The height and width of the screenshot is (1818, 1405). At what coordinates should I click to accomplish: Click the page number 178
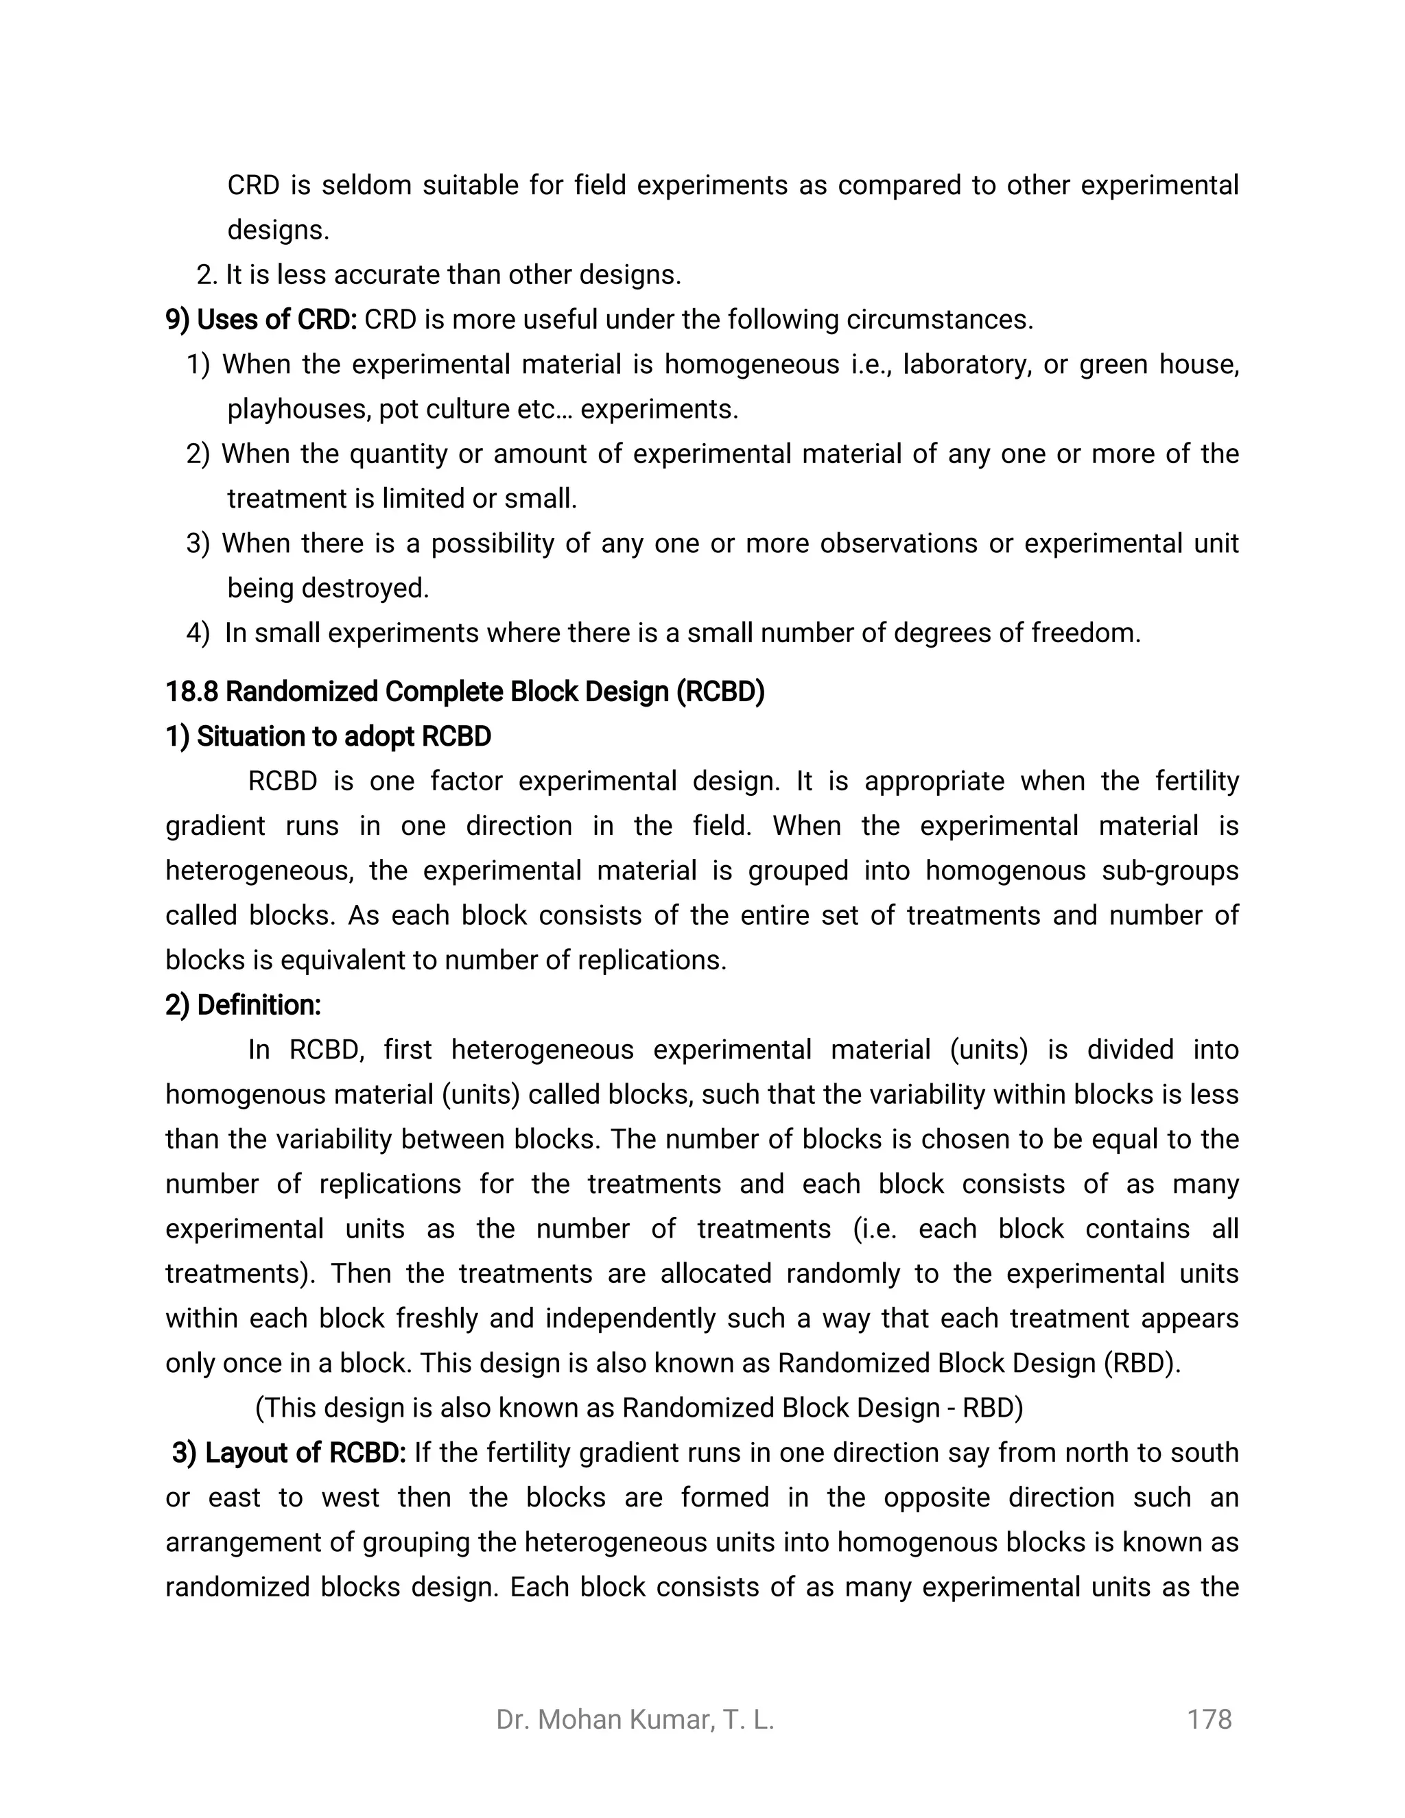click(x=1209, y=1719)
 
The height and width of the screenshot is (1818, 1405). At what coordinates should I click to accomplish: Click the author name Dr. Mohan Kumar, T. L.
click(x=635, y=1719)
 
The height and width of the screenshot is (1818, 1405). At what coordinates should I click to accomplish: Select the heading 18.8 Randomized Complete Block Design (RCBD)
click(x=464, y=691)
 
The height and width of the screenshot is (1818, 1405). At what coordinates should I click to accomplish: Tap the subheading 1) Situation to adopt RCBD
click(x=328, y=736)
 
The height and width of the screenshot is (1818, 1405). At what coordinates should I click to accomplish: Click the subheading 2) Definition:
click(x=243, y=1005)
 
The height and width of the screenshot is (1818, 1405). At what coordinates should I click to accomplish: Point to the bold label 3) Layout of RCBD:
click(x=288, y=1452)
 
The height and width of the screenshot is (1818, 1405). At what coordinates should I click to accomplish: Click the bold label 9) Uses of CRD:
click(x=261, y=319)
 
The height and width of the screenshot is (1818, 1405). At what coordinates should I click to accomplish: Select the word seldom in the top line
click(x=366, y=185)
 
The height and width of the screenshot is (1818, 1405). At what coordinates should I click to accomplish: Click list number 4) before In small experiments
click(x=198, y=633)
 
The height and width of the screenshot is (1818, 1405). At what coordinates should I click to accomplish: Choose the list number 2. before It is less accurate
click(x=206, y=274)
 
